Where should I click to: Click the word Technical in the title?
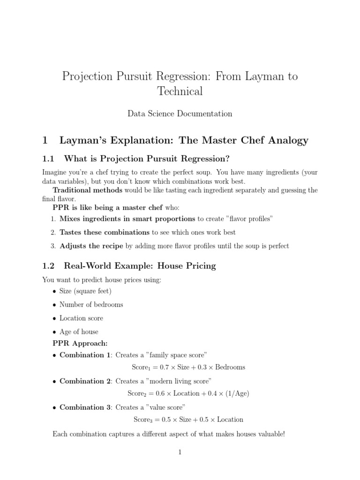pyautogui.click(x=180, y=91)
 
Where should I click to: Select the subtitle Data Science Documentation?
pyautogui.click(x=180, y=113)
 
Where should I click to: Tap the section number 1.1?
pyautogui.click(x=49, y=157)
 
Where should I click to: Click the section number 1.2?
pyautogui.click(x=49, y=266)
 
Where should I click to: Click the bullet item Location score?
pyautogui.click(x=81, y=318)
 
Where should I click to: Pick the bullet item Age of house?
pyautogui.click(x=79, y=332)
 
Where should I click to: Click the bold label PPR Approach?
pyautogui.click(x=80, y=344)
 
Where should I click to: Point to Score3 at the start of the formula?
pyautogui.click(x=142, y=420)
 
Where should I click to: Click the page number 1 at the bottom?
pyautogui.click(x=180, y=452)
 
